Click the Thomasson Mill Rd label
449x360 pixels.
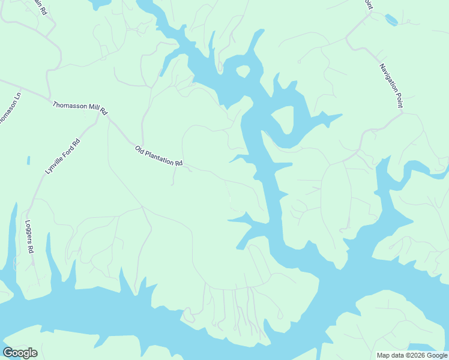(x=79, y=108)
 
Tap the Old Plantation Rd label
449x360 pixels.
(x=158, y=156)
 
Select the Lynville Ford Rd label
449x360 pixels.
(x=62, y=157)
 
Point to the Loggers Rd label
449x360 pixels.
(x=29, y=237)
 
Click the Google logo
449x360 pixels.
(x=20, y=353)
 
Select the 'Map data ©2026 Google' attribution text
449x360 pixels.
(x=412, y=355)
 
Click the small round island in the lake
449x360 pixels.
(x=243, y=72)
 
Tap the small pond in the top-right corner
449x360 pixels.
(x=391, y=20)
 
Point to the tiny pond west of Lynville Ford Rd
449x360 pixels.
(x=28, y=161)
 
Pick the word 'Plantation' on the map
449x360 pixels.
(x=158, y=156)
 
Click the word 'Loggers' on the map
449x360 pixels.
(x=28, y=233)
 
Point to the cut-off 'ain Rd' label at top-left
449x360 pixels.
(x=40, y=7)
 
